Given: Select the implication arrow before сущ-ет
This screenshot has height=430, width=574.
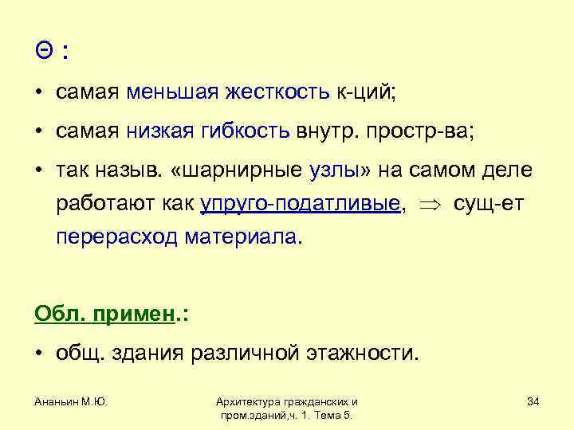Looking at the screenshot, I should (x=431, y=205).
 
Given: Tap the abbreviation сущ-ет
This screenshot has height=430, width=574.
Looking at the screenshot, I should (x=487, y=204).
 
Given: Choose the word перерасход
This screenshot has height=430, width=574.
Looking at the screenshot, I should (x=117, y=236).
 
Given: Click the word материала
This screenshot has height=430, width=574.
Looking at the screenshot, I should (x=243, y=236).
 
